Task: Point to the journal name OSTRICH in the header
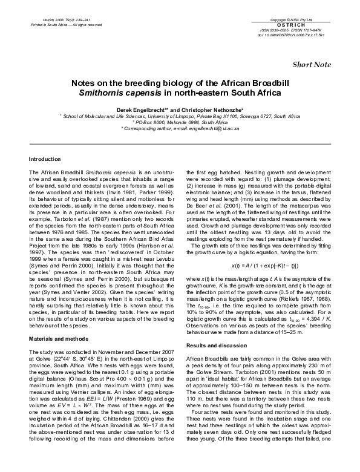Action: pos(293,25)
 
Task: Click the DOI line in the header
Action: pos(292,34)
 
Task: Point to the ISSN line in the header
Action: pos(292,30)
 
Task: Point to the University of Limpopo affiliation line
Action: pos(180,114)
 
